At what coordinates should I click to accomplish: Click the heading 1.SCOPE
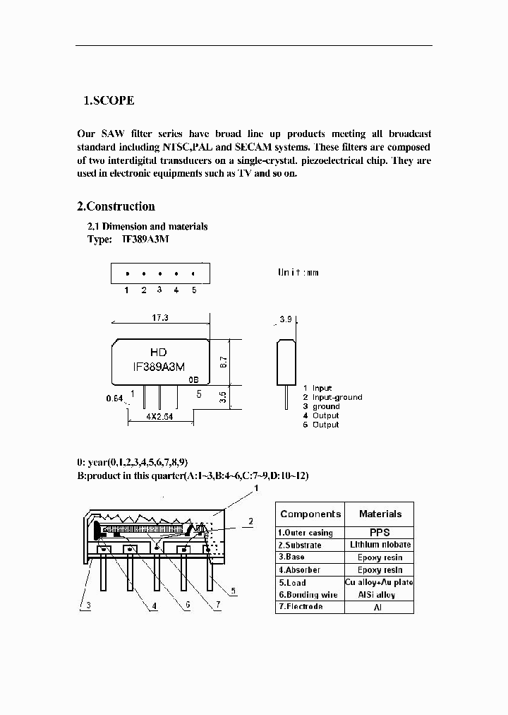pos(109,100)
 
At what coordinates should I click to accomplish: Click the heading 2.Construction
pos(116,206)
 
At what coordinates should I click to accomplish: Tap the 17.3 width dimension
pos(160,318)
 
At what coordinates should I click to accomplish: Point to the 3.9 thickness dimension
pos(286,319)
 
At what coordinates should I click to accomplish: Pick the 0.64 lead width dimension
pos(115,398)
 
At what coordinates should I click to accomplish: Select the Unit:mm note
pos(297,272)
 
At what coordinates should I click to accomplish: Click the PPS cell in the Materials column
pos(379,532)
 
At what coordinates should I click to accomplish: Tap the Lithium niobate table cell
pos(380,545)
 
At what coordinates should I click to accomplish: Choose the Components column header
pos(310,514)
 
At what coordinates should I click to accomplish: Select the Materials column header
pos(380,514)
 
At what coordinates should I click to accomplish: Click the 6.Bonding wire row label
pos(308,595)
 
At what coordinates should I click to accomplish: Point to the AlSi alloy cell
pos(380,595)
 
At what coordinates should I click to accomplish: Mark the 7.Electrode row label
pos(301,607)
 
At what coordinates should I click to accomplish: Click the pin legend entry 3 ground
pos(322,406)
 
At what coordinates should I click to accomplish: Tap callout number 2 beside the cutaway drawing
pos(250,522)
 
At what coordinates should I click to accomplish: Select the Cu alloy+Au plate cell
pos(380,582)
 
